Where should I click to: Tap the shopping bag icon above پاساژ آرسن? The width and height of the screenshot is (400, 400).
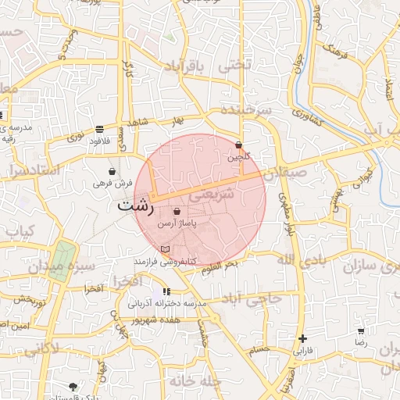(x=177, y=212)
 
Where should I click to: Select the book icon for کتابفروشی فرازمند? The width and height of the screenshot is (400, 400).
(x=164, y=249)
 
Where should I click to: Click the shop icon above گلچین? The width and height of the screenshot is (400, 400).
(x=238, y=145)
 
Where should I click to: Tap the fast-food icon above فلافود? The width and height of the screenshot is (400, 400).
(x=99, y=129)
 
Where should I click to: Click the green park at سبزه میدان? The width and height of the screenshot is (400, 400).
(x=62, y=261)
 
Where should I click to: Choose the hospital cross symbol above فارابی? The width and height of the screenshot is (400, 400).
(x=302, y=338)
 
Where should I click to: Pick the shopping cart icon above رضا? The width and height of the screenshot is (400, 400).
(x=361, y=331)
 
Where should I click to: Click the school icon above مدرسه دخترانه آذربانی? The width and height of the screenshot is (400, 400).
(x=165, y=291)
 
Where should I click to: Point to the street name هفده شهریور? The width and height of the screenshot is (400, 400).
(x=155, y=320)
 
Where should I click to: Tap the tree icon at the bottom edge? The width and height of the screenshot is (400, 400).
(x=73, y=387)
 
